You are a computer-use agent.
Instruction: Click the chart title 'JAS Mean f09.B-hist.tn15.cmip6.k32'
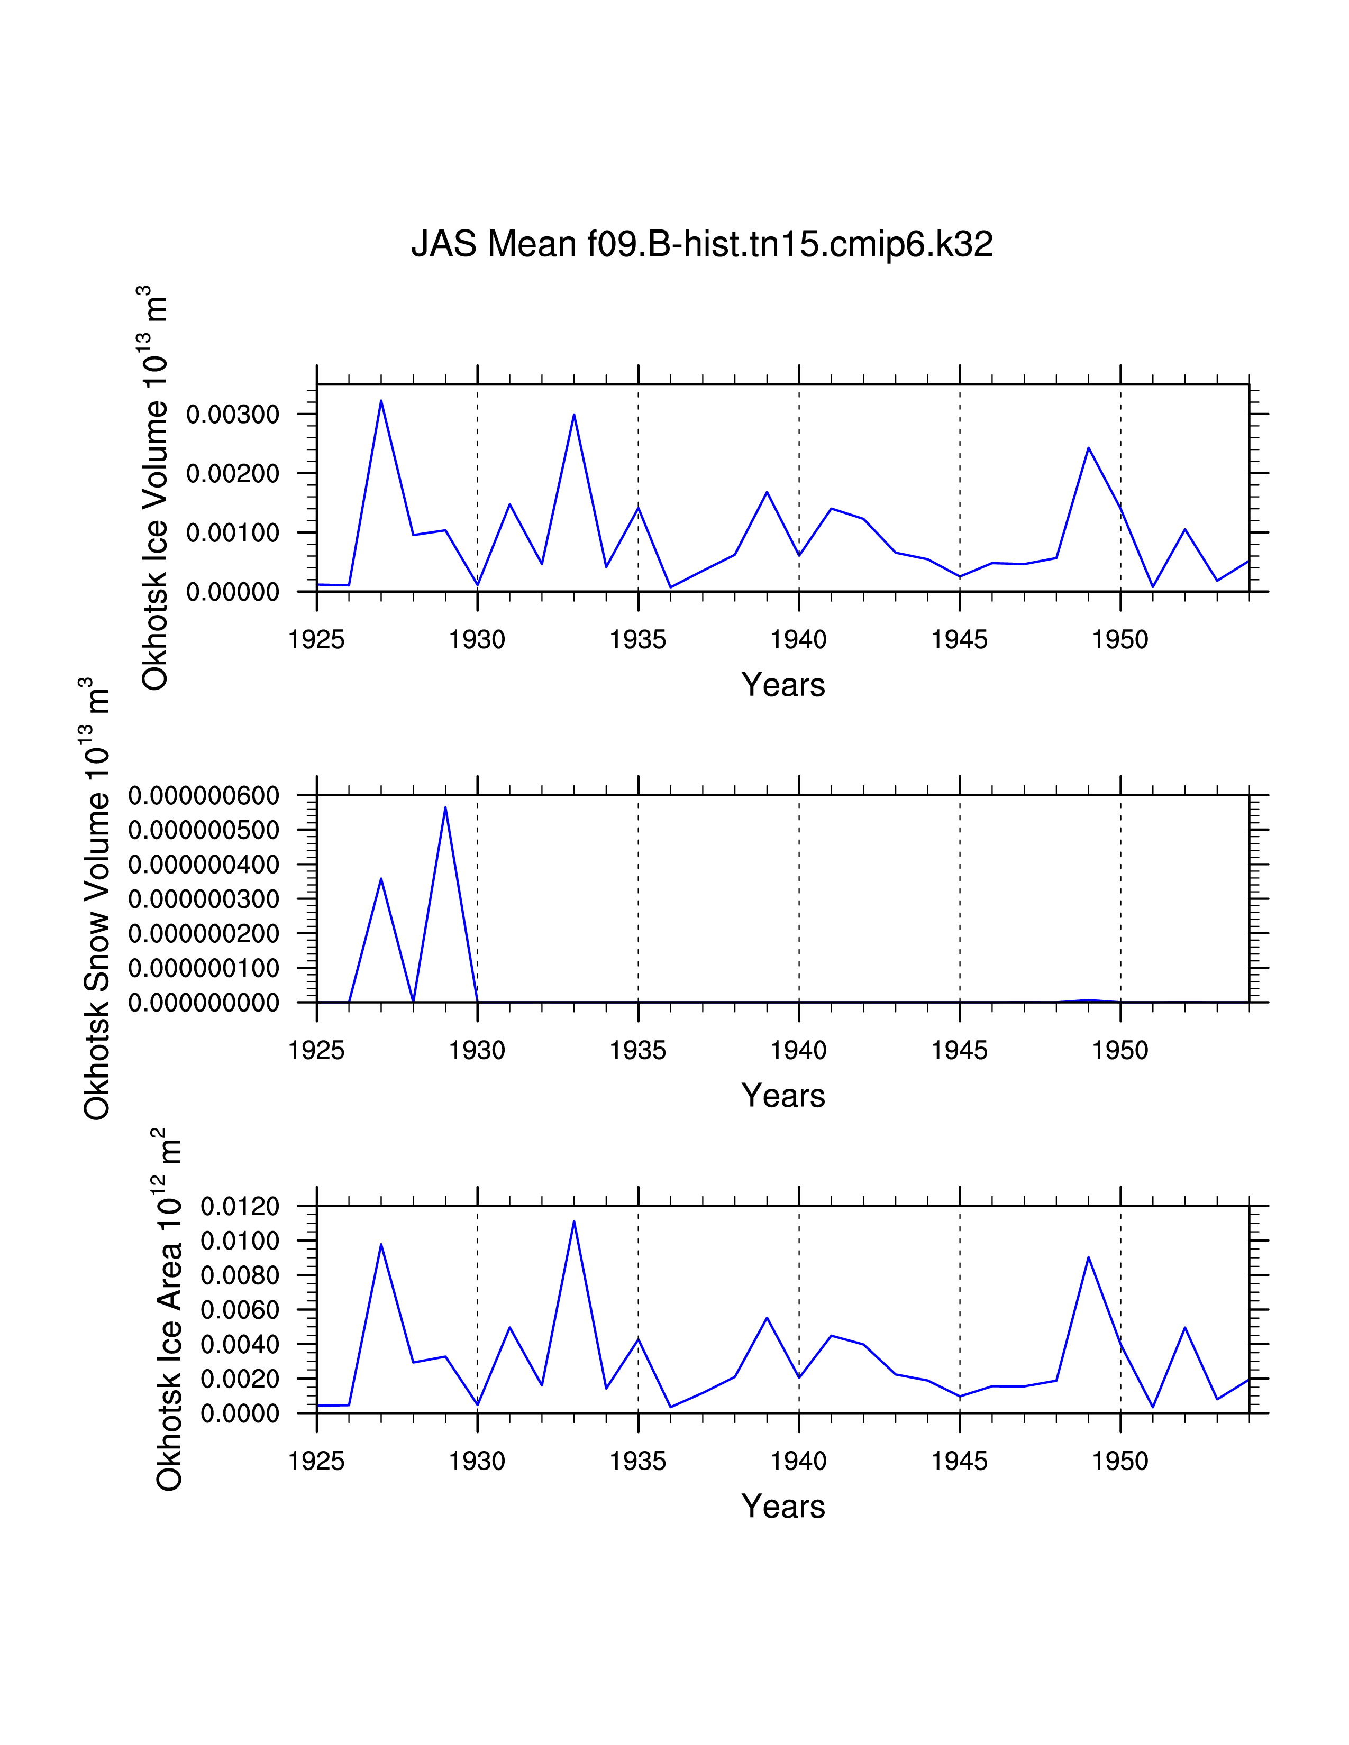tap(701, 244)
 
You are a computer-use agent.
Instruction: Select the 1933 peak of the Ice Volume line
tap(574, 414)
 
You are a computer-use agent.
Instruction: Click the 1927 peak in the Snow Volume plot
tap(381, 879)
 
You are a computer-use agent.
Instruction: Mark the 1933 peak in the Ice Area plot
tap(574, 1221)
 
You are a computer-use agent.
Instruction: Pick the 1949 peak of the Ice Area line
tap(1089, 1257)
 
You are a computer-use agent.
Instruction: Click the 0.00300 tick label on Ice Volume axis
tap(233, 414)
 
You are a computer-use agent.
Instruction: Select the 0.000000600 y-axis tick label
tap(204, 796)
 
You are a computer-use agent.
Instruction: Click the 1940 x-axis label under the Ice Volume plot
tap(798, 639)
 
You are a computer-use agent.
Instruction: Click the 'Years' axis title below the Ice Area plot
tap(782, 1506)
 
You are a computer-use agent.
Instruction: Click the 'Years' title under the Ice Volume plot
tap(782, 685)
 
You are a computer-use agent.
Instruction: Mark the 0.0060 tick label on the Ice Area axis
tap(240, 1310)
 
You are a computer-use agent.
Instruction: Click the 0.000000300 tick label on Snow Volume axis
tap(204, 899)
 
